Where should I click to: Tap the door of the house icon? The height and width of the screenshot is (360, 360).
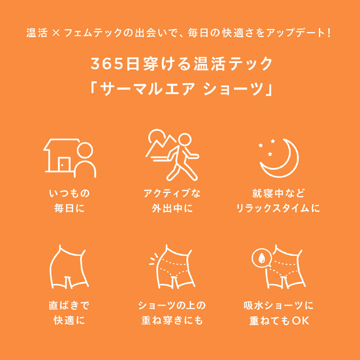click(64, 164)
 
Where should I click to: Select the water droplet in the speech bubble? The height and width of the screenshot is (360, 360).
click(261, 258)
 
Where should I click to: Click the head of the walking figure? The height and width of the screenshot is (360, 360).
click(185, 139)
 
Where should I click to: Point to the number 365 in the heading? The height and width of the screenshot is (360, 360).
click(107, 64)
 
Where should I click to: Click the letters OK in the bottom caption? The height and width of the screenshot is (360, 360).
click(301, 321)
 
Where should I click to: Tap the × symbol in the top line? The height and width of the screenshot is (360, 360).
click(56, 33)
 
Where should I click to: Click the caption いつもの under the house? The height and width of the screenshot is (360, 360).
click(69, 193)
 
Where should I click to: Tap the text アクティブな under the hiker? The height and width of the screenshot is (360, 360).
click(172, 193)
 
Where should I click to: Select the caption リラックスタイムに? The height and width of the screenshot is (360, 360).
click(278, 208)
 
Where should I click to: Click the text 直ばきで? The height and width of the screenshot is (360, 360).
click(69, 305)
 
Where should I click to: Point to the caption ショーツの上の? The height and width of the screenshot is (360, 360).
click(172, 305)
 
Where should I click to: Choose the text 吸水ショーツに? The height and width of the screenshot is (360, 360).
click(278, 305)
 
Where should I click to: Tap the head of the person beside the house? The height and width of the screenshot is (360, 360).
click(85, 150)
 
